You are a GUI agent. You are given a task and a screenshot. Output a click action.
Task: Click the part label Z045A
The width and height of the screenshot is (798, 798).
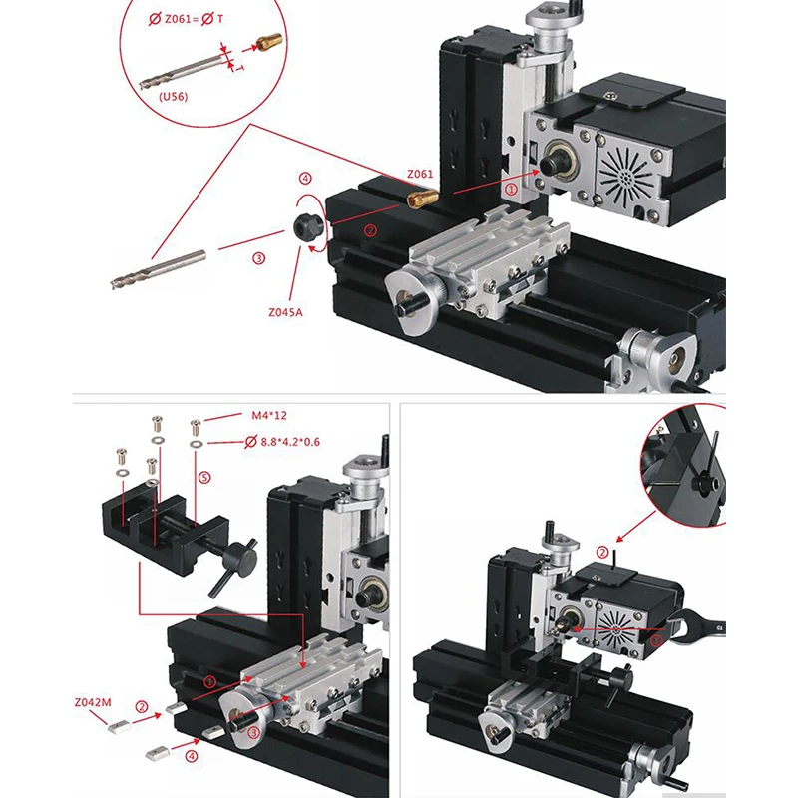(x=285, y=311)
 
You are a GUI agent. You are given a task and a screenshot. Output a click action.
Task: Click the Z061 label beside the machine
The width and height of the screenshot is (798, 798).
(x=421, y=174)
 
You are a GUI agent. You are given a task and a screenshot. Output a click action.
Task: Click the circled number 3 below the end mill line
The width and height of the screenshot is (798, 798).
(x=258, y=257)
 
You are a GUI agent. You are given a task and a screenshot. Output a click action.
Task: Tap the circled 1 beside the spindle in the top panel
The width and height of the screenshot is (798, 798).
(x=511, y=188)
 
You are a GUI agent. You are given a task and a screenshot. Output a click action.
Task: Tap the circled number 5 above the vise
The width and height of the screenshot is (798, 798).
(x=204, y=478)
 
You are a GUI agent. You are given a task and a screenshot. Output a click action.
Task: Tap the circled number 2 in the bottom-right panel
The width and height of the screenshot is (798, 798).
(x=601, y=551)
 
